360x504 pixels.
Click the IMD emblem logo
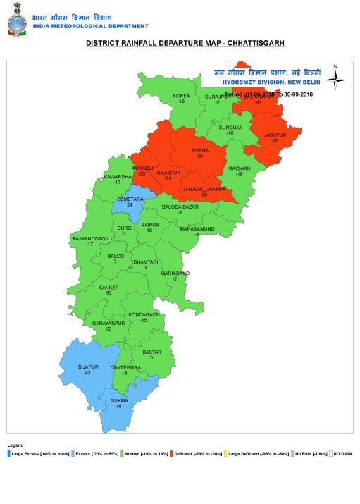coord(15,19)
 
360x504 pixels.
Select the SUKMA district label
coord(119,401)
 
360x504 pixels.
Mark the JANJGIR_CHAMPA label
coord(204,190)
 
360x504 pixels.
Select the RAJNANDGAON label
coord(90,239)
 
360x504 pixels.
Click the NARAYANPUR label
coord(108,323)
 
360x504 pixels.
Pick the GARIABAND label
coord(175,273)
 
